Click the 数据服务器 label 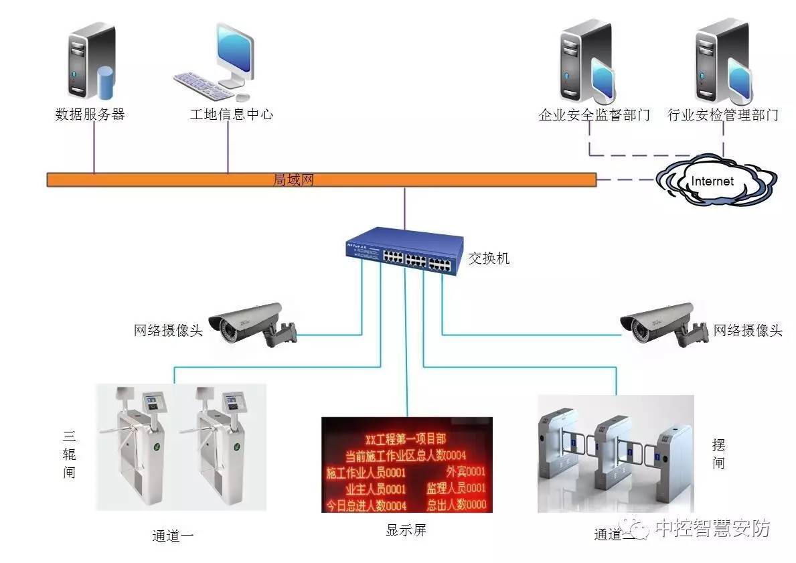[90, 114]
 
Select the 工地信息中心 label [231, 114]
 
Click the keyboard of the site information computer [201, 84]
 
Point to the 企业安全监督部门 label [594, 115]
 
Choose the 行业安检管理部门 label [723, 115]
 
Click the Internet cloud [714, 181]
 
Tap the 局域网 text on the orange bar [294, 179]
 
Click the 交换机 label [489, 258]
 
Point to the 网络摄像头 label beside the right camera [748, 330]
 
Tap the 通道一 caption [173, 536]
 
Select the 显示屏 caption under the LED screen [406, 530]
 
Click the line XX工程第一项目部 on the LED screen [406, 439]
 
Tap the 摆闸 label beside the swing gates [718, 454]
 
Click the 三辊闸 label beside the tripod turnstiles [69, 455]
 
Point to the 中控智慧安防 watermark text [712, 528]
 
